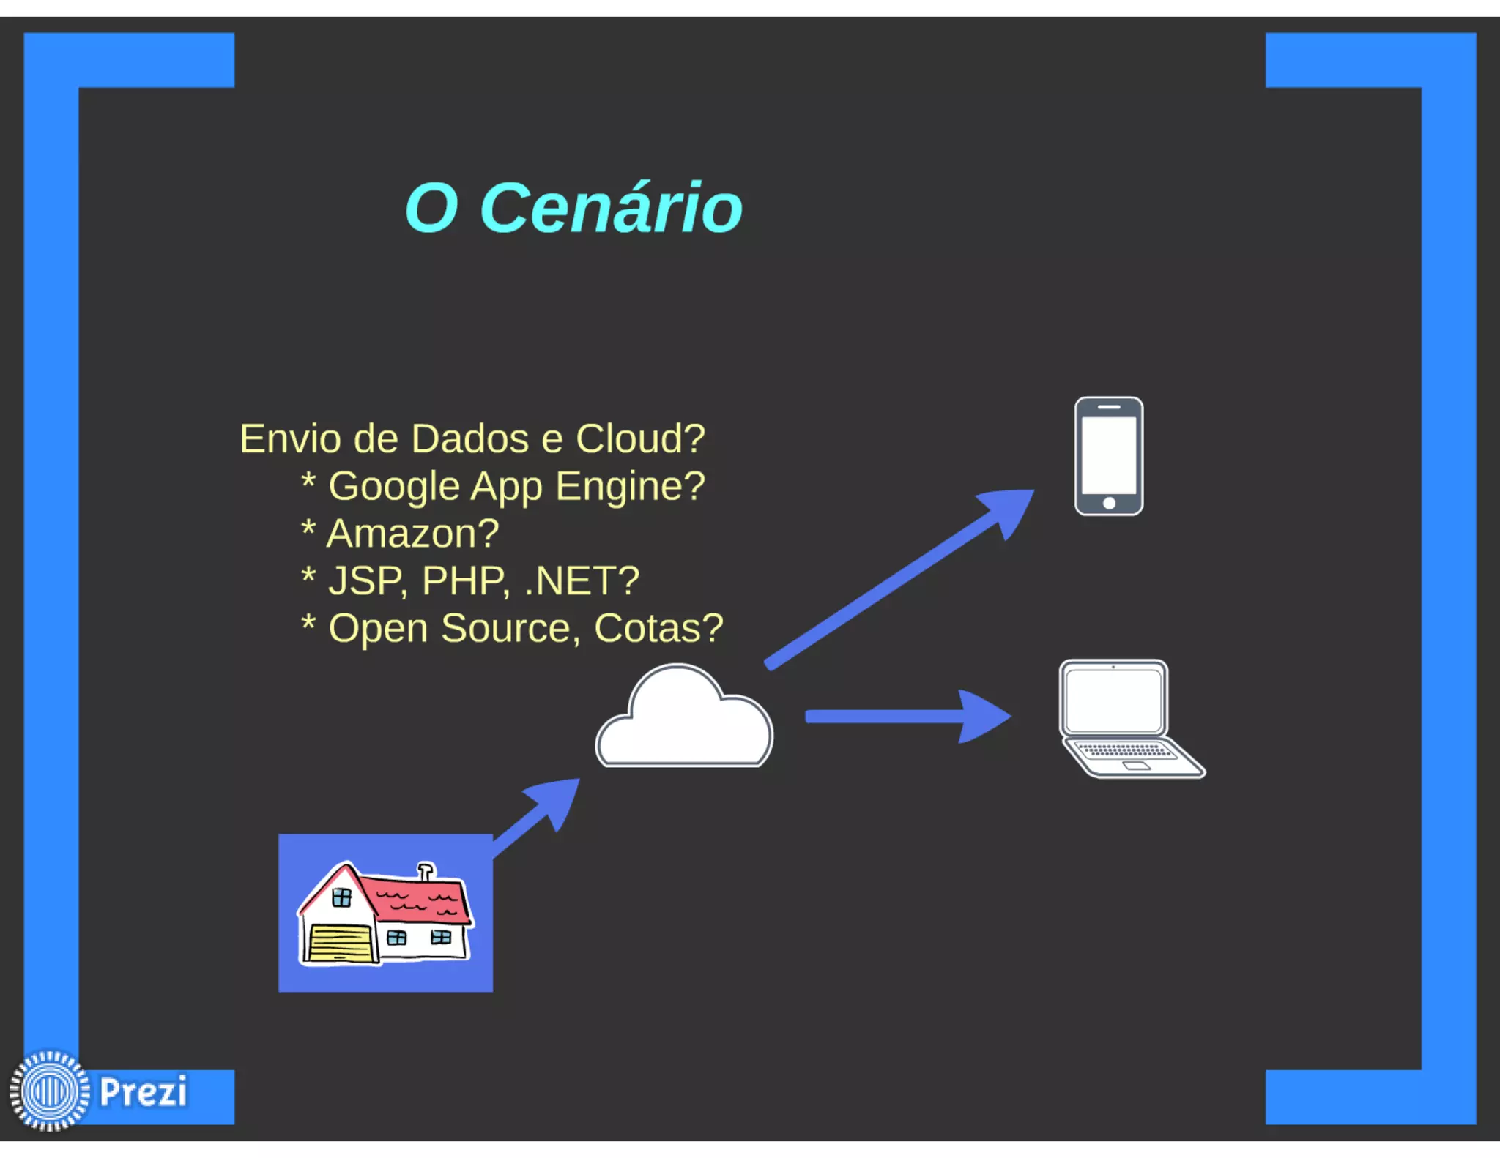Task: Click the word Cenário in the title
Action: coord(611,209)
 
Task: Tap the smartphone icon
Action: coord(1108,456)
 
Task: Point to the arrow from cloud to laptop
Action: coord(908,717)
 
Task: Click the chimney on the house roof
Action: coord(426,870)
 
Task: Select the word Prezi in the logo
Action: coord(144,1091)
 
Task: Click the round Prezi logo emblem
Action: coord(49,1091)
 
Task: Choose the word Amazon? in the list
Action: coord(412,534)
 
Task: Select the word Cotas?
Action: coord(658,628)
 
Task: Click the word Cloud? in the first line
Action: coord(640,439)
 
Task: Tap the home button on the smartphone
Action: coord(1109,503)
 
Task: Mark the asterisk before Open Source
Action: coord(308,624)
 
